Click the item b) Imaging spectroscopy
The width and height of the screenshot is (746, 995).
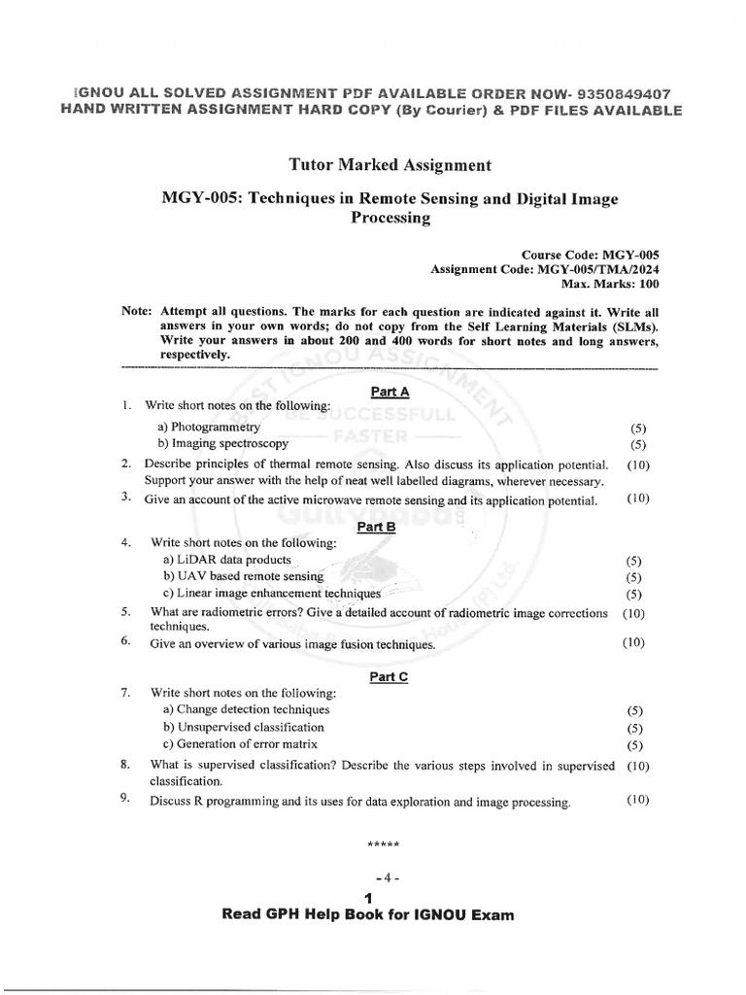[x=222, y=443]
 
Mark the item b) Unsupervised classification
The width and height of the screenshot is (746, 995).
[x=243, y=727]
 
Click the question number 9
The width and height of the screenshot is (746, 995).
[x=125, y=799]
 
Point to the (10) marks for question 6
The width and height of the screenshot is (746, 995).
[x=633, y=642]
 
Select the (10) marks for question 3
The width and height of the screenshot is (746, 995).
[x=637, y=499]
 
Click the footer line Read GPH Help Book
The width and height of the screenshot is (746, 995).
[x=367, y=914]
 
